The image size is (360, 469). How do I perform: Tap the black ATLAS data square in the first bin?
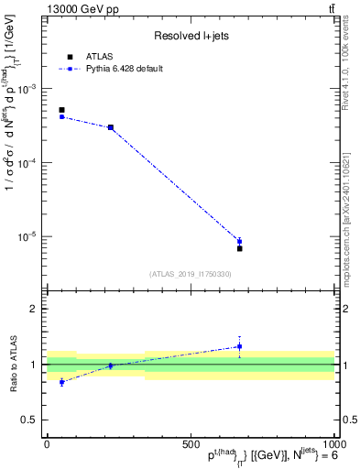(61, 110)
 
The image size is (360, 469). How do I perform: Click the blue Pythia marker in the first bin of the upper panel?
(61, 116)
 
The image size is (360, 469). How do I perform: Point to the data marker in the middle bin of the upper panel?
(111, 127)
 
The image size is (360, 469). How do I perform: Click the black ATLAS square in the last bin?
(239, 248)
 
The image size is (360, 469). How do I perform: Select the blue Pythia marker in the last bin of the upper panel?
(239, 242)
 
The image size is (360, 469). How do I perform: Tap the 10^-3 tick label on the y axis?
(27, 89)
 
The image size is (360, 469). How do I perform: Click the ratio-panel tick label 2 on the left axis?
(33, 309)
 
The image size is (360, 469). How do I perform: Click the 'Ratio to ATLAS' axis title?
(12, 364)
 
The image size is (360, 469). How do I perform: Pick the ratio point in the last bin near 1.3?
(239, 346)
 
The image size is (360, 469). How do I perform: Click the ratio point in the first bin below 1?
(61, 382)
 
